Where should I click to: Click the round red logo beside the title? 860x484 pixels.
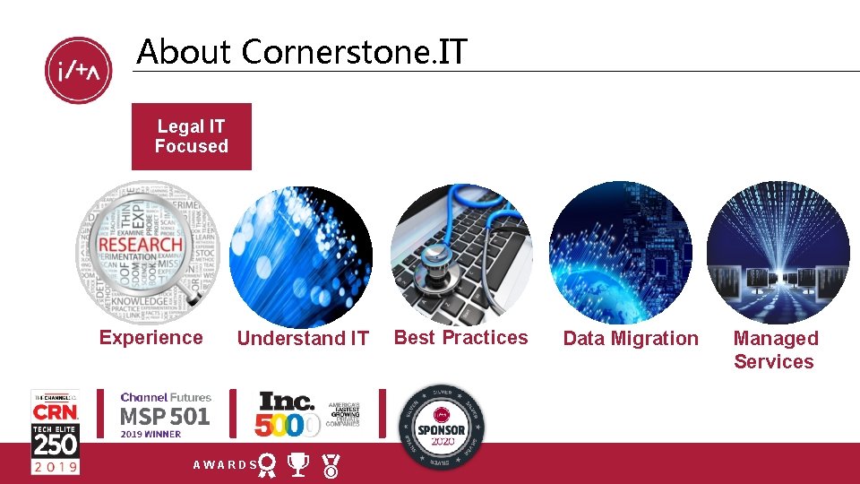79,71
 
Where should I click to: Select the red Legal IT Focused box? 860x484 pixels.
191,136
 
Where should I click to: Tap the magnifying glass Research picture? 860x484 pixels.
147,252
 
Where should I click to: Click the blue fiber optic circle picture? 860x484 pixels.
300,256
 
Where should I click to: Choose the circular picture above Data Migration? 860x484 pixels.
620,253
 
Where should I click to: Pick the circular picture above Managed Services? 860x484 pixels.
778,253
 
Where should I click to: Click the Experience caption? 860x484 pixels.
150,338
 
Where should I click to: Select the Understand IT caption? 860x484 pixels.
303,339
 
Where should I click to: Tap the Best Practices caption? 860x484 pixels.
461,338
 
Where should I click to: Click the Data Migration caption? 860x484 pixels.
630,339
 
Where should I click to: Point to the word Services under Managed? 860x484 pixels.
774,362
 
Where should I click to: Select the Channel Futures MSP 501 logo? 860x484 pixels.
165,414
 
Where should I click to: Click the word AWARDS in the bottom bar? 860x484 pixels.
225,465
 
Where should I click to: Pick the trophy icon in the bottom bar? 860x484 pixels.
299,464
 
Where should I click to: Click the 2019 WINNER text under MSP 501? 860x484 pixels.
150,435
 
